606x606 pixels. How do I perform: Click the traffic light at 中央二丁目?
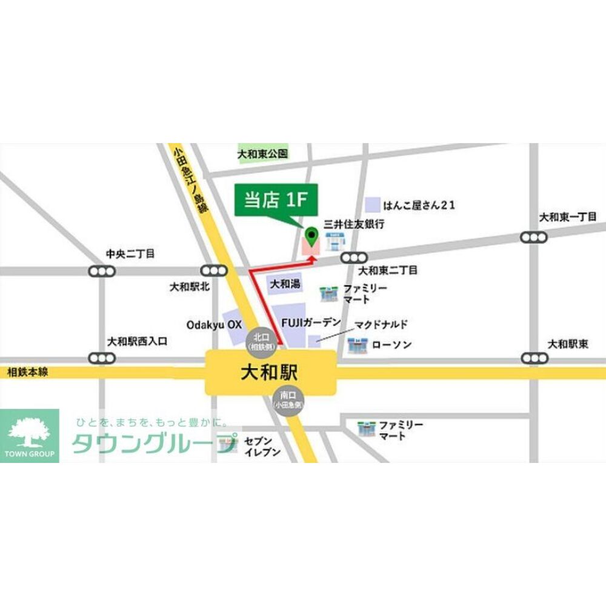[101, 271]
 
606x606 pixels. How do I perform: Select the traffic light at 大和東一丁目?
[533, 237]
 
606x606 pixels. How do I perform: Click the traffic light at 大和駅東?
[533, 358]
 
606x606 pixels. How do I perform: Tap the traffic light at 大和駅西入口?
[101, 358]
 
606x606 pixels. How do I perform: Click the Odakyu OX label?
[213, 325]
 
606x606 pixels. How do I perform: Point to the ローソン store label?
[391, 345]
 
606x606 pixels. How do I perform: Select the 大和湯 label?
[285, 284]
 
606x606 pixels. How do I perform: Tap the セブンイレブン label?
[262, 447]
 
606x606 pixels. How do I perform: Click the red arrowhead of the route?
[313, 259]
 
